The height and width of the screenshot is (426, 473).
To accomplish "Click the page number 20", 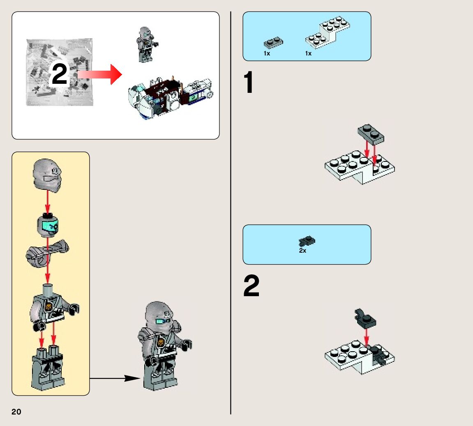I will pos(16,412).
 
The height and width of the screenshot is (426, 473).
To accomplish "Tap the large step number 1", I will pos(249,83).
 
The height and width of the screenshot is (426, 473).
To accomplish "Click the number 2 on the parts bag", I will pos(60,74).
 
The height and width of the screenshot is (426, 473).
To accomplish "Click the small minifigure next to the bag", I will pos(146,44).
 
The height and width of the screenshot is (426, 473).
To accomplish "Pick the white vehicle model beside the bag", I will pos(171,97).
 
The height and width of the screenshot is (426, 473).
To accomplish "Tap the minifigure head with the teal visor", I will pos(48,225).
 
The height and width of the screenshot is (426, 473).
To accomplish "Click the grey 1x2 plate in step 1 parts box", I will pos(273,43).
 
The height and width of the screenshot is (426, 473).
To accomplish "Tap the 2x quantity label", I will pos(302,251).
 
